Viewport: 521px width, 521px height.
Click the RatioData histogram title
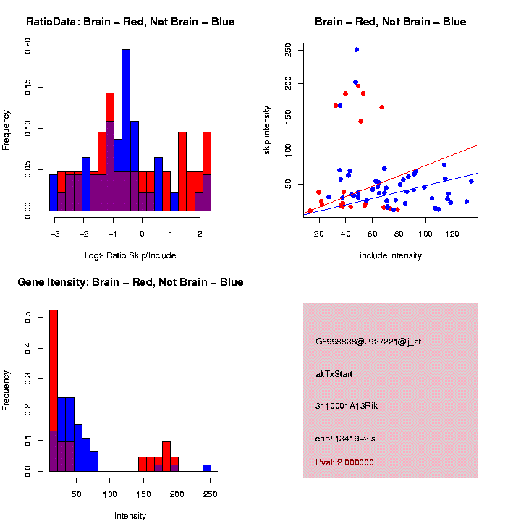point(130,22)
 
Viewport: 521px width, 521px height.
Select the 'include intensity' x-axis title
point(390,255)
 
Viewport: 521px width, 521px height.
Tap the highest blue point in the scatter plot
point(357,50)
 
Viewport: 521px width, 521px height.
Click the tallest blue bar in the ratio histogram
point(126,130)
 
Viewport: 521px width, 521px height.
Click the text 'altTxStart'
point(334,374)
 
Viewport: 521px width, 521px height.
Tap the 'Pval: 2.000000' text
point(344,462)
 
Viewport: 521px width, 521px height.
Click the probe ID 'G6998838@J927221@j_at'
point(368,342)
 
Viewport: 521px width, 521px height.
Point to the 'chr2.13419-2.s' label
point(346,438)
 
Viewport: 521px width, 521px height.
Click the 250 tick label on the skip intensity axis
point(288,50)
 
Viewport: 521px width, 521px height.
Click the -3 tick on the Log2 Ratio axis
point(55,233)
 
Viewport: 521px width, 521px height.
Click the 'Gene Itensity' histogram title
point(130,282)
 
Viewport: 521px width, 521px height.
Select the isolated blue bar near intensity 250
point(207,467)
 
